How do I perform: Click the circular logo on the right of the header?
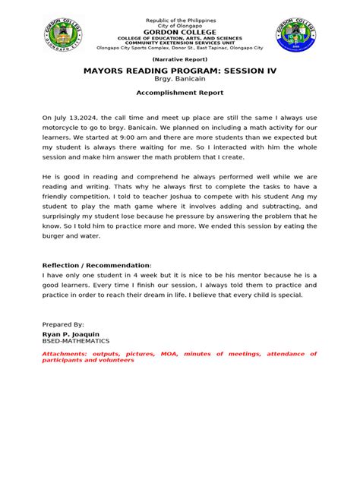297,37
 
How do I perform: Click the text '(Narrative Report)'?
180,58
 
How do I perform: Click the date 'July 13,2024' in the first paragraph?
75,118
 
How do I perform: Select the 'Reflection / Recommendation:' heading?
91,265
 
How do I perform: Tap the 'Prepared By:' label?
64,324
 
